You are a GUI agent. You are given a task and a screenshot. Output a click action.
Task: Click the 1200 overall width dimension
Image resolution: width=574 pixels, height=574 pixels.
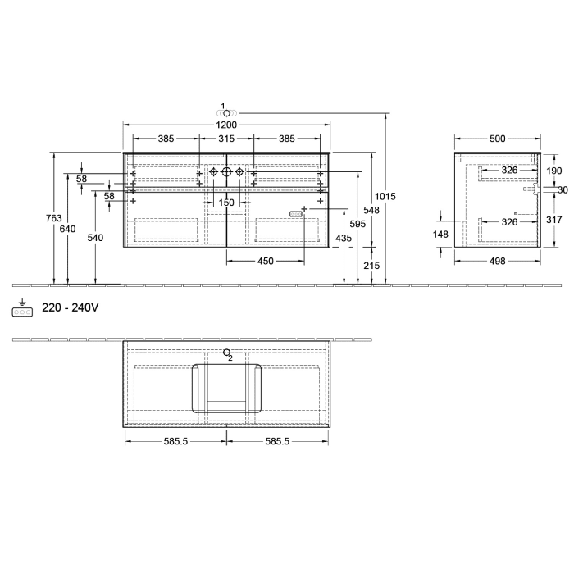(227, 125)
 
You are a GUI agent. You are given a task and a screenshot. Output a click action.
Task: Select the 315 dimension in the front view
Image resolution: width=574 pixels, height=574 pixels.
(227, 139)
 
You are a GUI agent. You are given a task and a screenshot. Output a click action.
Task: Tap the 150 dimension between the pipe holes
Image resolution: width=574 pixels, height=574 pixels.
(226, 203)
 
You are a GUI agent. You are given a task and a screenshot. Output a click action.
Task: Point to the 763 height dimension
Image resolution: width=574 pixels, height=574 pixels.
(53, 218)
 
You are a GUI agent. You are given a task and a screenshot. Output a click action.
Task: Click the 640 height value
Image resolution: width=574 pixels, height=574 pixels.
(69, 229)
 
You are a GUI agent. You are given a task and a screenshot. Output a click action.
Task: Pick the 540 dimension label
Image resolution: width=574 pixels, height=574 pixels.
(97, 237)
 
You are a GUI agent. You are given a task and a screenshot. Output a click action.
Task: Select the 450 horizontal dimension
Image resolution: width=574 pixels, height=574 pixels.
(265, 262)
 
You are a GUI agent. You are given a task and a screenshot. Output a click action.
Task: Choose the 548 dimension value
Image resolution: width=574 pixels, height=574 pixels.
(372, 210)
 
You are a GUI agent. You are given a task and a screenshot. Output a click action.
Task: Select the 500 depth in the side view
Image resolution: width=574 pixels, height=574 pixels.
(497, 139)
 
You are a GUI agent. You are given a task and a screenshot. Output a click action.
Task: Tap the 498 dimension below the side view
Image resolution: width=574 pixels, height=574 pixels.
(497, 261)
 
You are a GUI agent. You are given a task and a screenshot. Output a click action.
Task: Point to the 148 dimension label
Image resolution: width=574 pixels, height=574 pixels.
(442, 235)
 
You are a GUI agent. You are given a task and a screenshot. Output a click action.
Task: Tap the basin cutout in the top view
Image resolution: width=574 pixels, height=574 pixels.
(227, 387)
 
